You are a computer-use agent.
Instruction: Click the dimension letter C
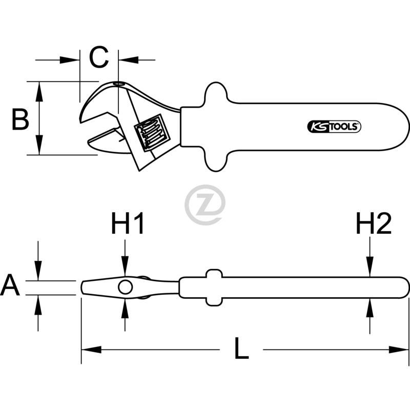(99, 57)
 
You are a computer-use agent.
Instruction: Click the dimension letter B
(20, 119)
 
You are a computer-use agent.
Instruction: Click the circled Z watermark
(204, 205)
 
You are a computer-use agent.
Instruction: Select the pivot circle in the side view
(125, 287)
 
